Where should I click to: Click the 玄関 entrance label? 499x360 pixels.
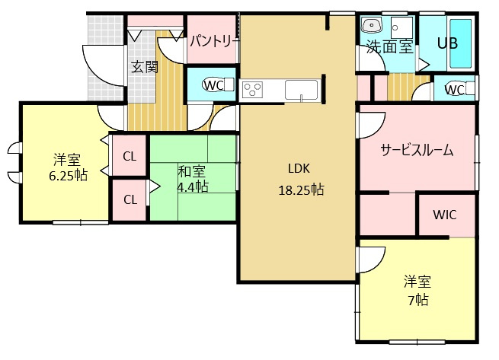144,66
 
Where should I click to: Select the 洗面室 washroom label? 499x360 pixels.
389,46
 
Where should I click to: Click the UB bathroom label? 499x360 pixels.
446,43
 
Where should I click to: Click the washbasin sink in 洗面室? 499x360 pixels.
373,24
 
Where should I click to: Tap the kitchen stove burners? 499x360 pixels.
252,91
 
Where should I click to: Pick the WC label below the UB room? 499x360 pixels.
454,90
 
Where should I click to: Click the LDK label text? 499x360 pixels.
300,169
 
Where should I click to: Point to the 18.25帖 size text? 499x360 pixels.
300,190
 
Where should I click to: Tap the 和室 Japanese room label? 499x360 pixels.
192,170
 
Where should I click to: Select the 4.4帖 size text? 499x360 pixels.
192,186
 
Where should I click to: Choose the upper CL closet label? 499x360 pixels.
130,157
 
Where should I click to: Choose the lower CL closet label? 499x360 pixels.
130,199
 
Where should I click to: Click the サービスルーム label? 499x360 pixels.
417,150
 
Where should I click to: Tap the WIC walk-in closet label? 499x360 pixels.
445,214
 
